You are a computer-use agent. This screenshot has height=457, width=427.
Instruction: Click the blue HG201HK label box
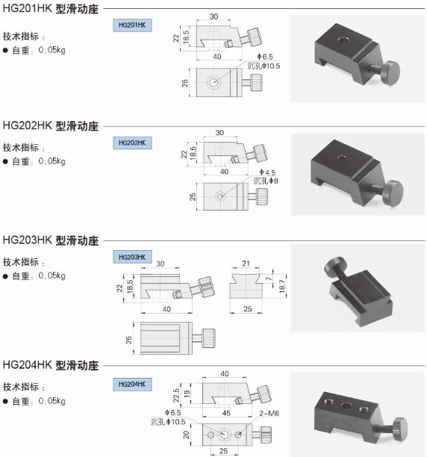[132, 25]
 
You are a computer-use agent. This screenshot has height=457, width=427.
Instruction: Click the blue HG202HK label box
[132, 143]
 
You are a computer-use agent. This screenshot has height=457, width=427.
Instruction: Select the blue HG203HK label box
[132, 257]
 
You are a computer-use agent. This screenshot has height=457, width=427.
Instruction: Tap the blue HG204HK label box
[132, 384]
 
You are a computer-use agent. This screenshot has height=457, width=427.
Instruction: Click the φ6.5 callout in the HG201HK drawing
[265, 57]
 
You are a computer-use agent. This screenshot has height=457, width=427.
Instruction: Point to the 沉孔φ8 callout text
[266, 181]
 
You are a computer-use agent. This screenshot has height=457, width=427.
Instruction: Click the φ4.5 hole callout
[267, 172]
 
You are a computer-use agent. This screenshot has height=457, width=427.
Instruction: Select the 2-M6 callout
[269, 413]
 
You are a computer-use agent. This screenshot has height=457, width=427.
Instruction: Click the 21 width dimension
[246, 264]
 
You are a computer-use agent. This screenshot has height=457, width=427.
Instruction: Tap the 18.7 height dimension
[282, 286]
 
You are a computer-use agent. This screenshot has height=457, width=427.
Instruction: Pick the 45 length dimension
[226, 413]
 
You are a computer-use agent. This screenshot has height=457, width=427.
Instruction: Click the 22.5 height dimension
[176, 395]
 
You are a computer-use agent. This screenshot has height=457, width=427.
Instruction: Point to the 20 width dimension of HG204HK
[186, 435]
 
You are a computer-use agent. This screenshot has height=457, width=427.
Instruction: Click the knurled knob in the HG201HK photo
[391, 73]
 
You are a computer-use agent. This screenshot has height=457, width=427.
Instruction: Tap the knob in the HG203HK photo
[335, 266]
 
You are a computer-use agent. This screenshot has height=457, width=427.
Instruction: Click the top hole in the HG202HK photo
[342, 158]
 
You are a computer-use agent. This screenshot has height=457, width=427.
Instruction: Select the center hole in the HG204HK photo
[346, 405]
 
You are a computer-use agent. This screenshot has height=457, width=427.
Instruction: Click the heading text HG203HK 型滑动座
[51, 240]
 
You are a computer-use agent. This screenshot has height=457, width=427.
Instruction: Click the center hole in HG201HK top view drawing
[213, 82]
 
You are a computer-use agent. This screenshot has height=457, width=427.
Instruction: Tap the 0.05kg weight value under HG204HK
[52, 401]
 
